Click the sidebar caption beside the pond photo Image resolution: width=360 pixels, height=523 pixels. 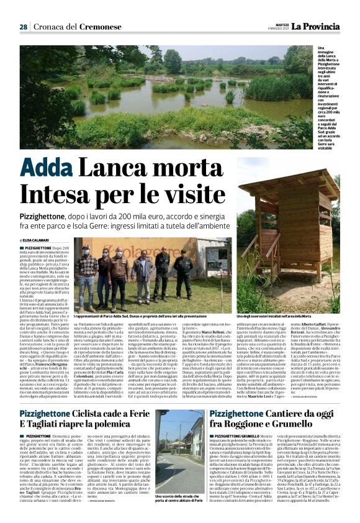click(x=335, y=94)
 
